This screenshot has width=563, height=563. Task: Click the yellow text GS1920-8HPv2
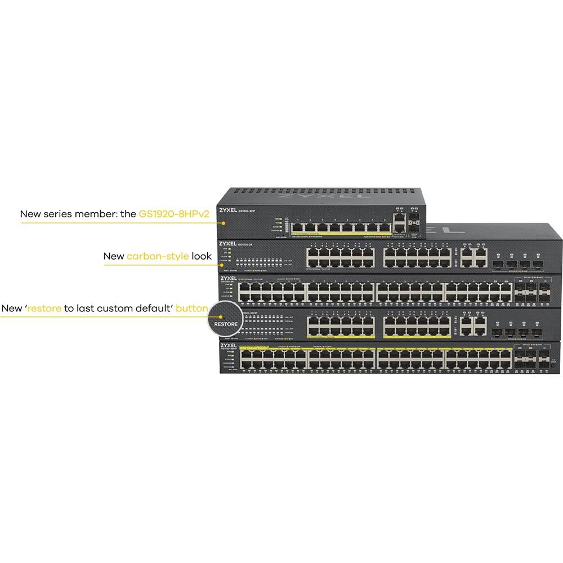click(x=170, y=214)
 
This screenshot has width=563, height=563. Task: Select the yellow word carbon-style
click(x=157, y=257)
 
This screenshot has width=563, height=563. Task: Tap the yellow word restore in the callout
click(x=44, y=309)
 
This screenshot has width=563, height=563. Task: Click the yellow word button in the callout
click(x=192, y=309)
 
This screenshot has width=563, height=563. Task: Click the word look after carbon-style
click(x=201, y=257)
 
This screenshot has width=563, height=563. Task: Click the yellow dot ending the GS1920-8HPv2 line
click(x=224, y=222)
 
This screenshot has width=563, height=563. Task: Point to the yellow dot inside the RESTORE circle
click(x=216, y=317)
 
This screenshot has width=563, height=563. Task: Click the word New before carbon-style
click(x=114, y=257)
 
